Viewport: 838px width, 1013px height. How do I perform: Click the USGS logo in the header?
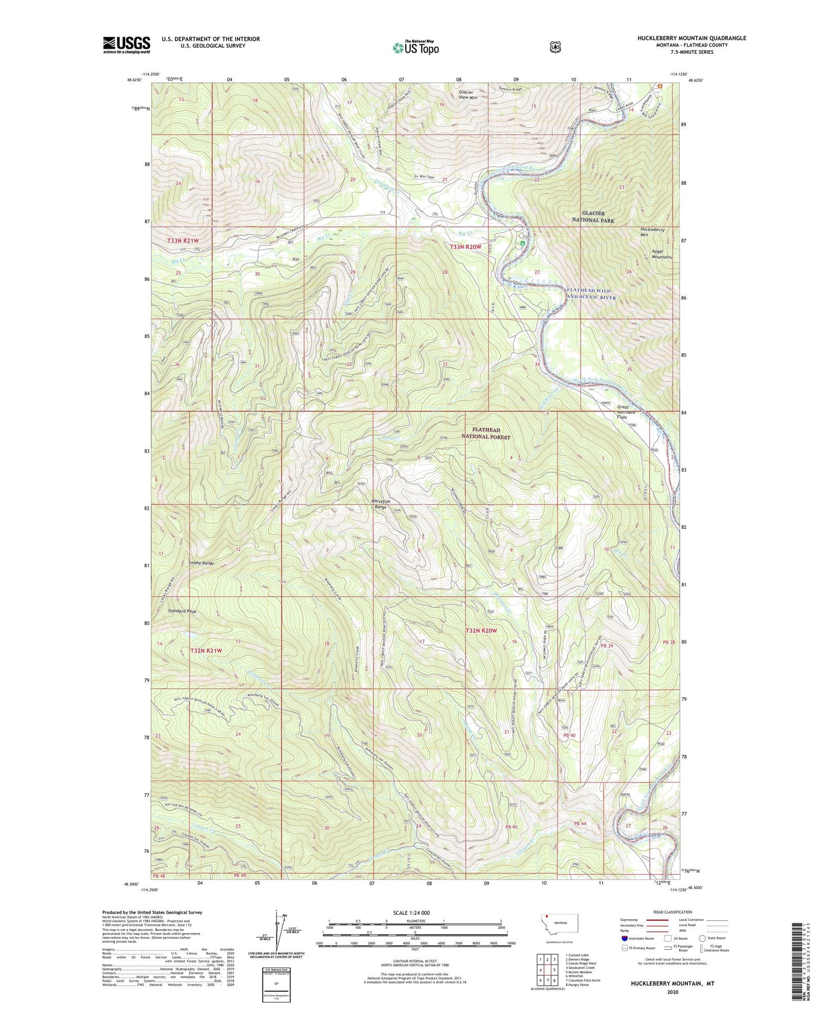[x=126, y=44]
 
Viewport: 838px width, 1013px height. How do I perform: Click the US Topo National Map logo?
[x=416, y=47]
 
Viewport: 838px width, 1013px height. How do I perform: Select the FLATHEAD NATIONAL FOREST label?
[x=486, y=434]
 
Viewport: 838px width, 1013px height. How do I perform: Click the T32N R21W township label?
[x=206, y=650]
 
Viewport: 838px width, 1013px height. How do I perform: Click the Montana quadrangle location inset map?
[x=559, y=926]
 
